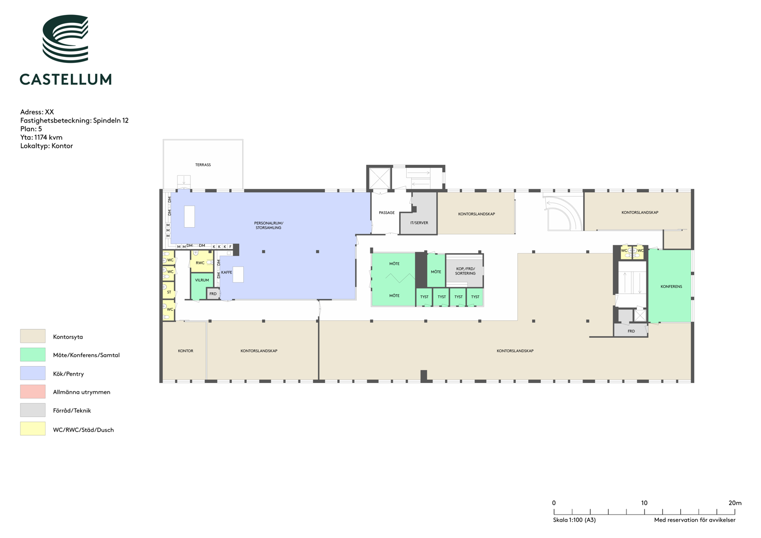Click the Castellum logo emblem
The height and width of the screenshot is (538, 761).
[65, 38]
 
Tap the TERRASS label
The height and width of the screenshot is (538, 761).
[203, 165]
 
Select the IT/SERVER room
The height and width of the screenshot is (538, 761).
[419, 213]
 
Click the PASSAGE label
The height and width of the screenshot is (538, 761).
[387, 213]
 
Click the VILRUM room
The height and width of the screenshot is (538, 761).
[201, 286]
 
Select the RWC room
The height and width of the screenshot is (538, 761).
[201, 261]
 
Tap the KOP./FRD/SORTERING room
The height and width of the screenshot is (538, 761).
[464, 271]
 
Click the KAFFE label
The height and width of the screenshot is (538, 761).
[227, 272]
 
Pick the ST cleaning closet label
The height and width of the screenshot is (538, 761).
[169, 292]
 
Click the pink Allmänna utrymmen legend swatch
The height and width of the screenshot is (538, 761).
[32, 392]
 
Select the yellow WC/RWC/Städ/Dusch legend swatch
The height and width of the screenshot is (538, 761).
[32, 428]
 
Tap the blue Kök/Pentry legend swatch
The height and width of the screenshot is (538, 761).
[32, 373]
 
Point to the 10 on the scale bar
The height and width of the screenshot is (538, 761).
[644, 503]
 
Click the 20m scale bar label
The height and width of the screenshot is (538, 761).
[735, 503]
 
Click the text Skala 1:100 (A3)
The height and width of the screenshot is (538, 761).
[574, 520]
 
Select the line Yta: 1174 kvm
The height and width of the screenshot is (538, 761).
[41, 137]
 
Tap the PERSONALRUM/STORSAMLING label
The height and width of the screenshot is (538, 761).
[269, 226]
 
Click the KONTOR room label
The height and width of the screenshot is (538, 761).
[185, 351]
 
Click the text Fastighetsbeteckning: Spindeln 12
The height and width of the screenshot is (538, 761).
[74, 120]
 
